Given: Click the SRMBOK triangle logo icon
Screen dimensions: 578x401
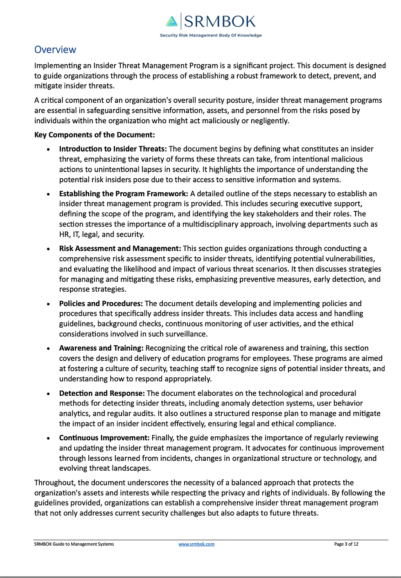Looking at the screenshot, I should (x=172, y=21).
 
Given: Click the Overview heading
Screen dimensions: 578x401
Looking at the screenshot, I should (x=55, y=50).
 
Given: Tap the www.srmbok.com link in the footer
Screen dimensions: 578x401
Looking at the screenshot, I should (x=196, y=544).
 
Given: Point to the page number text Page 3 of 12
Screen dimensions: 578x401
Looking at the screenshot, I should (x=346, y=544).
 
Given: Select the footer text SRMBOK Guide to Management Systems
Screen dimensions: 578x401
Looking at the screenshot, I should (x=74, y=544).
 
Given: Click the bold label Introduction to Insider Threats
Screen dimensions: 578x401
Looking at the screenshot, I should (x=113, y=149).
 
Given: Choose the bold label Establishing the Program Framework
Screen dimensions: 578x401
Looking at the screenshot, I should (x=123, y=193).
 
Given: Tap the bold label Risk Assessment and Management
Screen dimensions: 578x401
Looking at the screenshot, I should (x=119, y=248).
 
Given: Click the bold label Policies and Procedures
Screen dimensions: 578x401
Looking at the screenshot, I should (x=101, y=303).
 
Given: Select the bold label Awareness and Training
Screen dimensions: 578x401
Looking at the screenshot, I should (x=101, y=348).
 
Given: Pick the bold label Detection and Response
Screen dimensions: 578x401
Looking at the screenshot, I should (x=102, y=393).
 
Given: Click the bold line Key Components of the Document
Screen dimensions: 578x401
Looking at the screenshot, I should (x=95, y=135).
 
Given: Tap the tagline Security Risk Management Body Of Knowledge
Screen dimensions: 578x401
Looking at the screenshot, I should (x=211, y=35).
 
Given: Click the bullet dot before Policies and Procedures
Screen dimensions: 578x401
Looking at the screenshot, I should (x=49, y=304).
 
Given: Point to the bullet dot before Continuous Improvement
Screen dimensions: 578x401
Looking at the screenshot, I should (x=49, y=438).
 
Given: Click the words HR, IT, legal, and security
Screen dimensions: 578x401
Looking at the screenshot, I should (x=101, y=234).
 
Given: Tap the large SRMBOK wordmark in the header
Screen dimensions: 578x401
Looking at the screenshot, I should (x=220, y=21).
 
